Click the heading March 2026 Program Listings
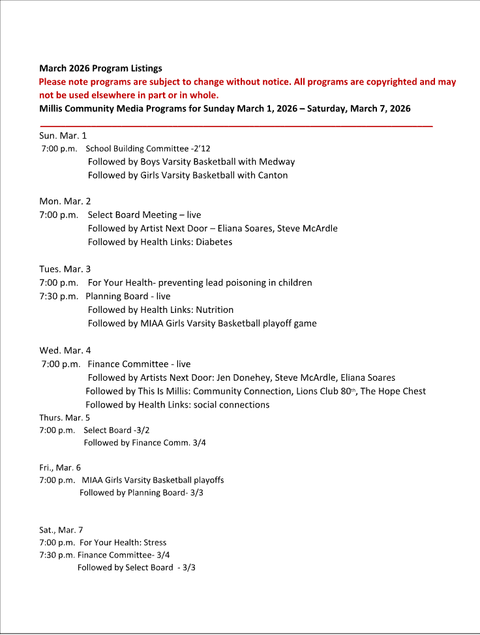click(x=100, y=68)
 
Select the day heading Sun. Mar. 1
click(x=63, y=136)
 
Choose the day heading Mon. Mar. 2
click(x=65, y=201)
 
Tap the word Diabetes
click(x=214, y=242)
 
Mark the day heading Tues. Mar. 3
click(x=65, y=269)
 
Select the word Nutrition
click(x=215, y=310)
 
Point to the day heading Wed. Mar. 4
click(x=65, y=351)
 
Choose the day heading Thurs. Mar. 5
click(x=65, y=418)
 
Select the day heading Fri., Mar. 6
click(x=60, y=467)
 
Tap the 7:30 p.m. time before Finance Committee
click(x=57, y=555)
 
